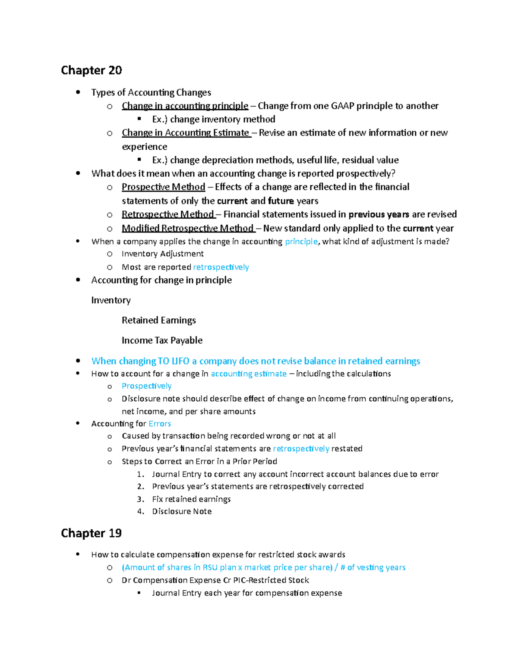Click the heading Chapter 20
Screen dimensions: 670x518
click(x=92, y=70)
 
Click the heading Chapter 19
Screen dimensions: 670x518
click(x=92, y=533)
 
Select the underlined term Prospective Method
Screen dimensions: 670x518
click(x=163, y=187)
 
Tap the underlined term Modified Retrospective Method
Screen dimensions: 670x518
click(x=187, y=228)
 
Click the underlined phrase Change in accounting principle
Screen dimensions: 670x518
click(x=185, y=106)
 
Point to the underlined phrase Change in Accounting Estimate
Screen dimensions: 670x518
click(x=186, y=133)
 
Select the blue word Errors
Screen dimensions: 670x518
click(x=160, y=424)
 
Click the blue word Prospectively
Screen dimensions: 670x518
click(x=146, y=386)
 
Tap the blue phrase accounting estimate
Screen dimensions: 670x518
click(x=249, y=374)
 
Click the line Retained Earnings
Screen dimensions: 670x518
click(x=159, y=320)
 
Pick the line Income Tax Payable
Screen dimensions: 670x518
click(x=162, y=340)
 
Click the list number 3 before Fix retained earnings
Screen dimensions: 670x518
click(x=140, y=499)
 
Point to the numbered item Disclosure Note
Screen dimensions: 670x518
click(x=182, y=511)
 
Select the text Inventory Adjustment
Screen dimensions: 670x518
click(x=163, y=254)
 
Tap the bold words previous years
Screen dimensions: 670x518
click(x=379, y=214)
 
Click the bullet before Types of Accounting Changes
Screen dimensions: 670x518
click(x=78, y=92)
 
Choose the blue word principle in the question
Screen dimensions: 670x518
click(x=301, y=242)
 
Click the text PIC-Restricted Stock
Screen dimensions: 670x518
click(x=271, y=580)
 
